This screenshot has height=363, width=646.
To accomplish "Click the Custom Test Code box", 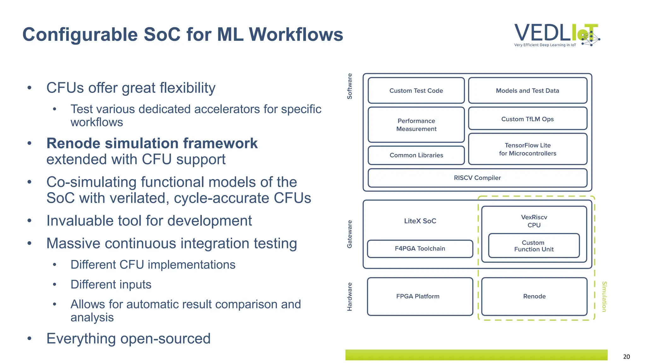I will point(416,91).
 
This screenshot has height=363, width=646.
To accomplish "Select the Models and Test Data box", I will point(527,91).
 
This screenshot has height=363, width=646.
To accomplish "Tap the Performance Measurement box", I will point(416,125).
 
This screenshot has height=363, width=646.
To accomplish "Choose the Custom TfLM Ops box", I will point(527,119).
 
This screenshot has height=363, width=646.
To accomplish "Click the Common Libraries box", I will point(416,155).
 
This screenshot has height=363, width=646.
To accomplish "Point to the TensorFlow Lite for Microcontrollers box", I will point(527,149).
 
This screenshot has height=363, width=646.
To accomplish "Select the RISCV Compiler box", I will point(477,178).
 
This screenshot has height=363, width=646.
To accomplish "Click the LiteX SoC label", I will point(420,221).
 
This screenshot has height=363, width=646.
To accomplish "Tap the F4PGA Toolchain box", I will point(420,248).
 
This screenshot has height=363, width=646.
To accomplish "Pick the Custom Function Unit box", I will point(534,246).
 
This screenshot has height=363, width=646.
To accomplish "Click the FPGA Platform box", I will point(418,296).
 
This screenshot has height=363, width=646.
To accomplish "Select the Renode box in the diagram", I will point(534,296).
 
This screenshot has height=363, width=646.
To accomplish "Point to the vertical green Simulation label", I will point(604,297).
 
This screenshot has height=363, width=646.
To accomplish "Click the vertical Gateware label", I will point(349,234).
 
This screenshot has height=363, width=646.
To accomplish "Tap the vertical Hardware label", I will point(349,297).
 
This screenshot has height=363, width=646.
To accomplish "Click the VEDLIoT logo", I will point(556,35).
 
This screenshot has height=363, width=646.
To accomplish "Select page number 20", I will point(626,357).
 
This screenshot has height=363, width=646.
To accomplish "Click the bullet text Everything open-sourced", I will point(128,339).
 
